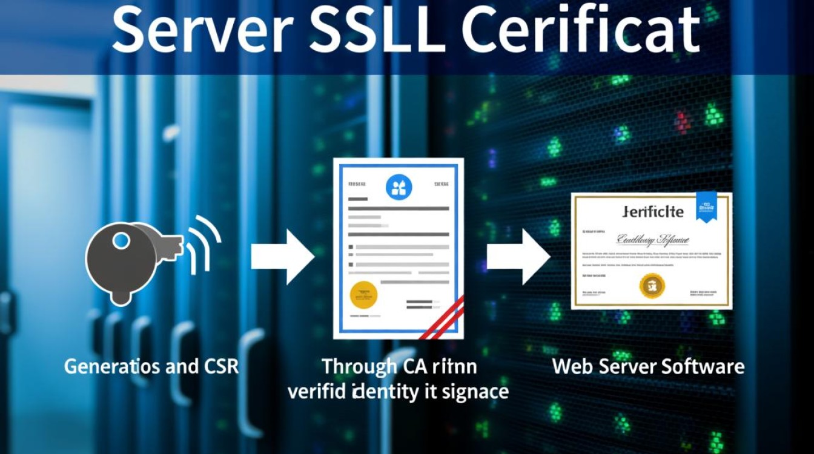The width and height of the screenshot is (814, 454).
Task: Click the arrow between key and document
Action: pyautogui.click(x=282, y=257)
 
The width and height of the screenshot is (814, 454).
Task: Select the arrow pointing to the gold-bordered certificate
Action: pyautogui.click(x=518, y=257)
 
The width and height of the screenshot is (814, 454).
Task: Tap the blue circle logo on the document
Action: pyautogui.click(x=399, y=187)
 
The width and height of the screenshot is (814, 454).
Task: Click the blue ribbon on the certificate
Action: pyautogui.click(x=706, y=206)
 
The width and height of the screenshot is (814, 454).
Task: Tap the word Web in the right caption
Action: pyautogui.click(x=573, y=366)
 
